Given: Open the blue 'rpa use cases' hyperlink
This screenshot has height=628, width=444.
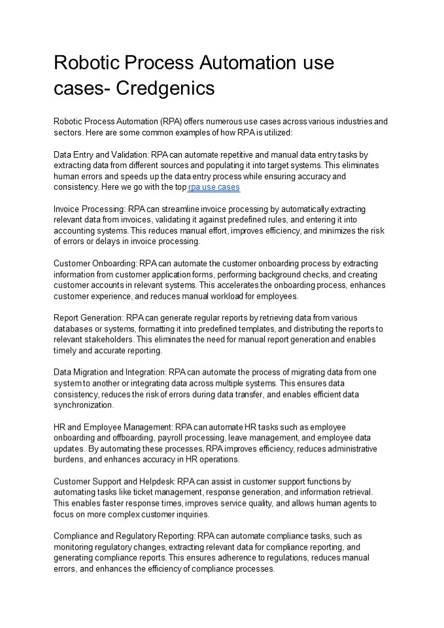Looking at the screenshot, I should (214, 187).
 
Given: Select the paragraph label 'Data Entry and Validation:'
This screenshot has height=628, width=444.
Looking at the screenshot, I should (101, 154).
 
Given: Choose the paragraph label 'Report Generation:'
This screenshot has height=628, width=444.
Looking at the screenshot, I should (88, 318).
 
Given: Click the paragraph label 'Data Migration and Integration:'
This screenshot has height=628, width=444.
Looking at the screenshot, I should (110, 372).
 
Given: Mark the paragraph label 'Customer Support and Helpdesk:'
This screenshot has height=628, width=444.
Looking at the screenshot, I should (114, 481).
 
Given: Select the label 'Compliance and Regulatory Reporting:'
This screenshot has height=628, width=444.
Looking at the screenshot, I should (124, 536).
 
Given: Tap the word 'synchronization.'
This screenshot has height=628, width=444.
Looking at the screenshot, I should (84, 405).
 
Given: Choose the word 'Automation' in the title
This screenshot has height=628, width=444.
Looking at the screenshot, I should (248, 63).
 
